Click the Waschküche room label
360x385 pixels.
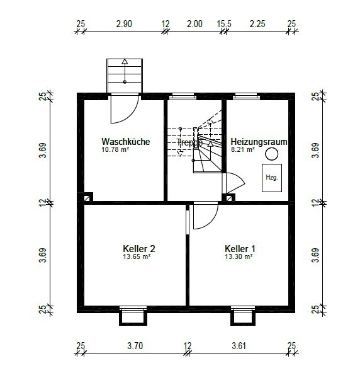click(x=125, y=142)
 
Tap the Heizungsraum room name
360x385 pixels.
click(x=259, y=142)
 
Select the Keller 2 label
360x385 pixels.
click(x=139, y=249)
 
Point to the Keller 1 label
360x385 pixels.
click(x=240, y=249)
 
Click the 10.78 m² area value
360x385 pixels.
click(x=115, y=149)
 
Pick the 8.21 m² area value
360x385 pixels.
click(x=243, y=149)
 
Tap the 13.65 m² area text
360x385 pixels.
click(x=137, y=256)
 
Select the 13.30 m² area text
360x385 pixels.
click(x=239, y=256)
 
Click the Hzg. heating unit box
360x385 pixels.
click(x=272, y=178)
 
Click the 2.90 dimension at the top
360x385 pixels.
click(x=124, y=24)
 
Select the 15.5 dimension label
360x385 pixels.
click(x=224, y=24)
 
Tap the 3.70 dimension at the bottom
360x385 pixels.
click(x=135, y=346)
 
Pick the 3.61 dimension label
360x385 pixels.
click(x=239, y=346)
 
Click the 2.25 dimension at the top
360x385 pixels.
click(x=257, y=24)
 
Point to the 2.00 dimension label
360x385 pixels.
click(x=194, y=24)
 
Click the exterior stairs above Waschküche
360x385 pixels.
click(x=125, y=76)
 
